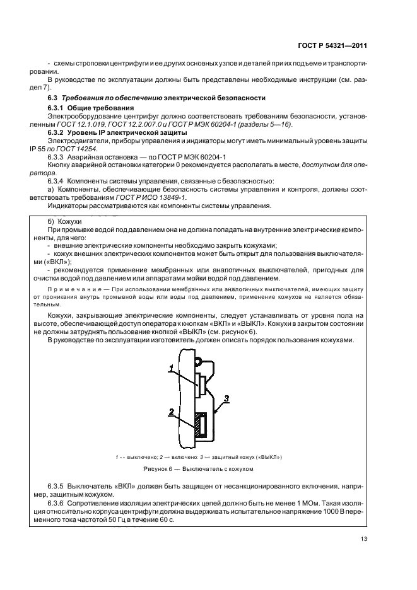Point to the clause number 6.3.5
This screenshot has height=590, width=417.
click(x=59, y=487)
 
